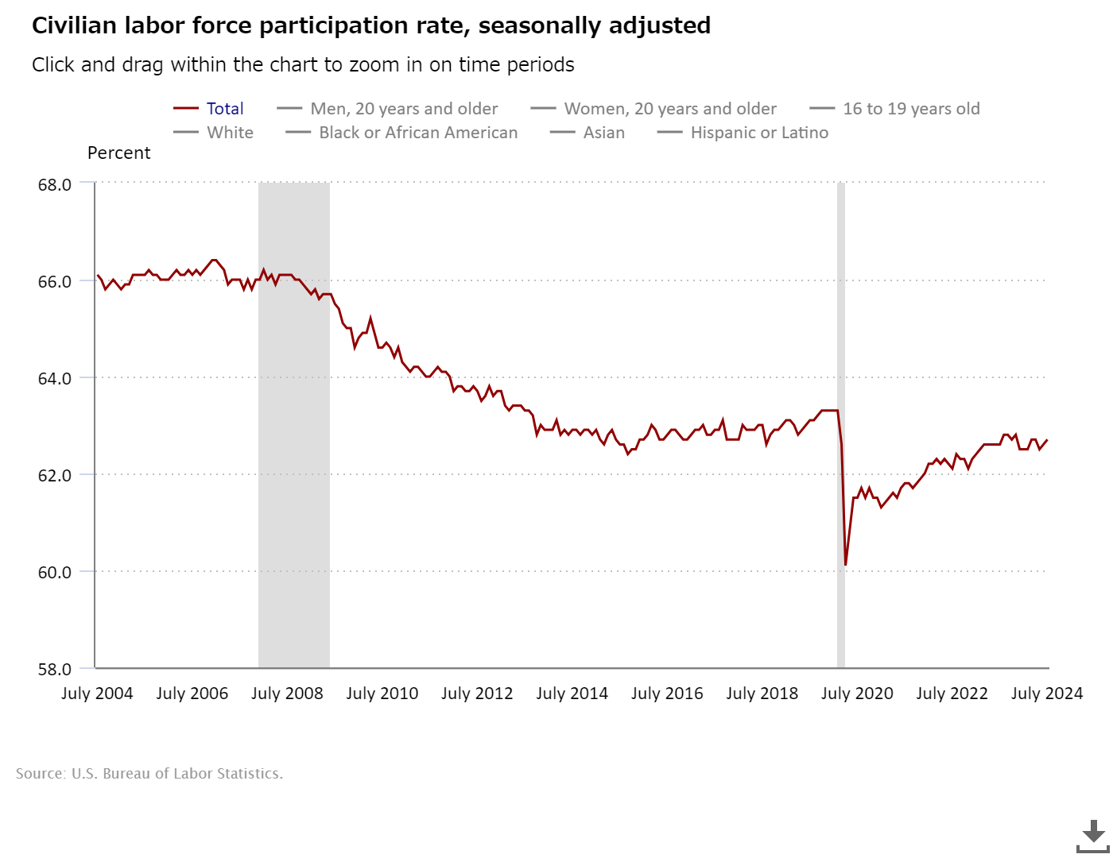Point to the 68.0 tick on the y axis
pyautogui.click(x=55, y=184)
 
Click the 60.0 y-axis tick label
pyautogui.click(x=55, y=572)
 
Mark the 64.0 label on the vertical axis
pyautogui.click(x=55, y=378)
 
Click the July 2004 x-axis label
pyautogui.click(x=97, y=694)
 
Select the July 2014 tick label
pyautogui.click(x=572, y=694)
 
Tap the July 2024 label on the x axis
pyautogui.click(x=1046, y=694)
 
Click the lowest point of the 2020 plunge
pyautogui.click(x=846, y=565)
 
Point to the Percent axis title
pyautogui.click(x=118, y=153)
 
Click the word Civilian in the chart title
pyautogui.click(x=75, y=25)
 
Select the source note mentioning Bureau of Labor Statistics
pyautogui.click(x=149, y=774)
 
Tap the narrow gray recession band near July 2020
pyautogui.click(x=841, y=397)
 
